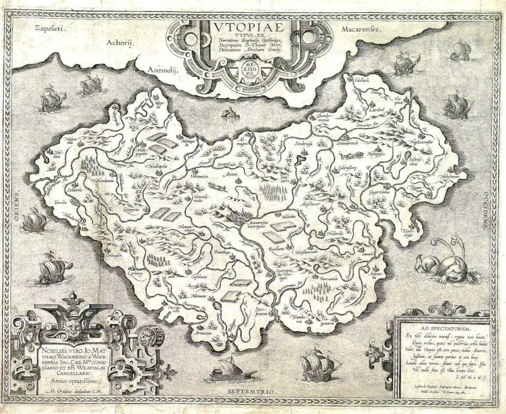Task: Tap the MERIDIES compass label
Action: pos(249,69)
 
